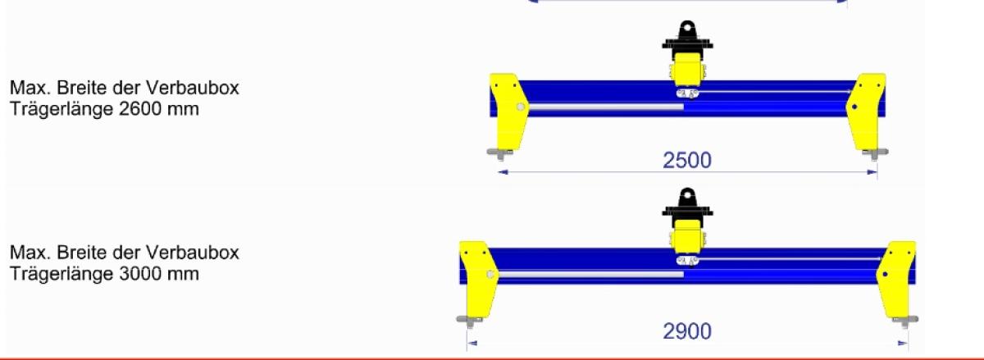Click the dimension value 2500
[x=687, y=161]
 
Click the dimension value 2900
[x=687, y=331]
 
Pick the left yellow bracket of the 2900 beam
[x=478, y=279]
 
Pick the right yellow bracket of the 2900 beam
[x=897, y=279]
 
